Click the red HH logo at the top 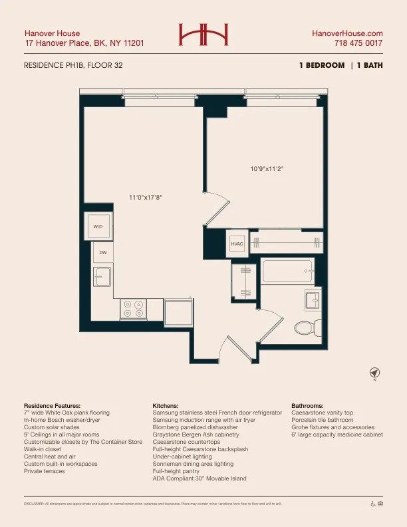[x=203, y=35]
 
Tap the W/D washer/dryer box [x=98, y=227]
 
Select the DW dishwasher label [x=102, y=253]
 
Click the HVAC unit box [x=237, y=245]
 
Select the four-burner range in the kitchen [x=133, y=309]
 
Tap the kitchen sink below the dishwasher [x=102, y=276]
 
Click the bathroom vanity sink [x=313, y=300]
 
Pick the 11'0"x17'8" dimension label [x=146, y=197]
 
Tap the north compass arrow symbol [x=374, y=372]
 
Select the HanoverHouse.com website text [x=347, y=33]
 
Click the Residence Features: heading [x=52, y=405]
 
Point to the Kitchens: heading [x=166, y=405]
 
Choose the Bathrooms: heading [x=307, y=405]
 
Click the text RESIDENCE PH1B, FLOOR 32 [x=73, y=65]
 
